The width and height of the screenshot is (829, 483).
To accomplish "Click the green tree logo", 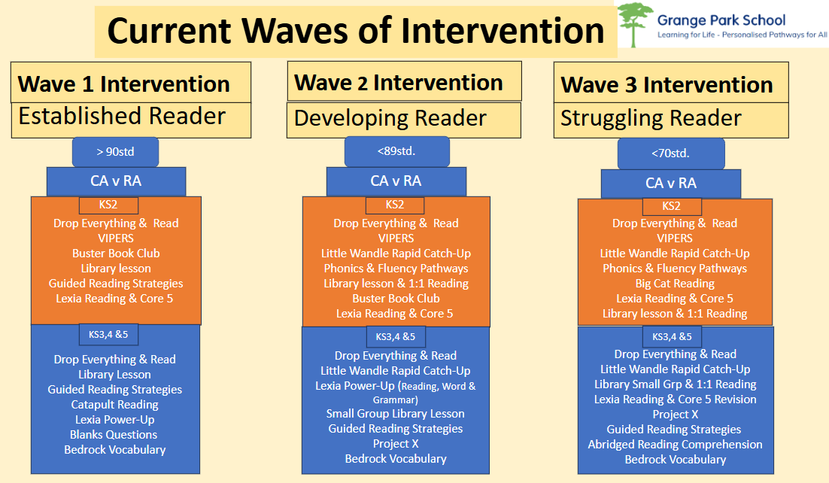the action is pos(636,24).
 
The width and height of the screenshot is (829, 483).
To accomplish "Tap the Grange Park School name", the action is pos(721,20).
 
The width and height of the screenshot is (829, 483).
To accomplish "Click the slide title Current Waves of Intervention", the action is pos(356,31).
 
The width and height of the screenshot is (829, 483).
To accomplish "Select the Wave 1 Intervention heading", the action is pos(123,84).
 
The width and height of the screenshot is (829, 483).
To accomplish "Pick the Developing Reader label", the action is pos(390,118).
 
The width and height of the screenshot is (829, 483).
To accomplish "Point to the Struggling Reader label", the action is pos(651,118).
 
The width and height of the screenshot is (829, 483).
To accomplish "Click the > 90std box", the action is pos(115,152).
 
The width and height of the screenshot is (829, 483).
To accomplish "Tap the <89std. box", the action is pos(396,151).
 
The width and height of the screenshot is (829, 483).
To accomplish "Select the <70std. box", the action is pos(671,153).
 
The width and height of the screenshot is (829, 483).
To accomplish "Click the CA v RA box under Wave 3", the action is pos(671,184).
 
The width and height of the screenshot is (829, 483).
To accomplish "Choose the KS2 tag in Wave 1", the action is pos(108,205).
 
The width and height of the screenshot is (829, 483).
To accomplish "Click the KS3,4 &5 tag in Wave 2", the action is pos(396,336).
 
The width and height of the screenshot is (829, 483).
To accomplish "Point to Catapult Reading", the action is pos(115,405).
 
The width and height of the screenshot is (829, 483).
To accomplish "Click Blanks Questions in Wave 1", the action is pos(114,435).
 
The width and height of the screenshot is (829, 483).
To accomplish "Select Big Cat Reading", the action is pos(675,284).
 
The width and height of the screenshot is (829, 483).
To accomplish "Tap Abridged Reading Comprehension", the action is pos(675,445).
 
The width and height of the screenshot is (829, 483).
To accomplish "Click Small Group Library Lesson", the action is pos(396,414).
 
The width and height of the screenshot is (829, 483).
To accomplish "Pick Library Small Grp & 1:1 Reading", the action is pos(675,384).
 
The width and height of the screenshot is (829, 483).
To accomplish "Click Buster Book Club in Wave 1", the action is pos(116,254).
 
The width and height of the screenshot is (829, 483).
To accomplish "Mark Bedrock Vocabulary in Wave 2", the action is pos(396,459).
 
